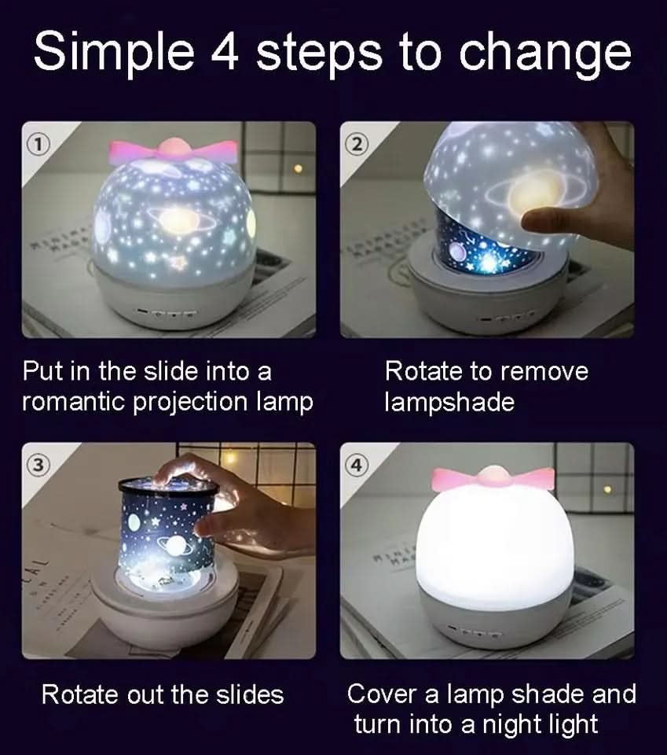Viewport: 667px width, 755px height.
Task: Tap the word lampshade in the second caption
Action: [449, 402]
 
